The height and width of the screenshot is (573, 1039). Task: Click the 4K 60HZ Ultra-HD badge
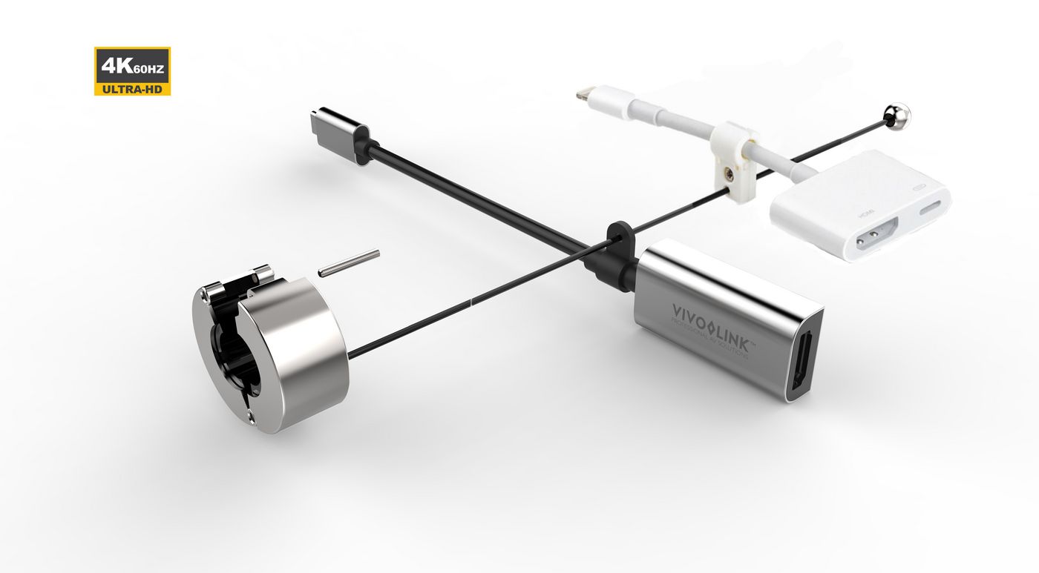[132, 71]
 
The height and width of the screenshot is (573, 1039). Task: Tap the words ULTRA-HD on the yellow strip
[132, 89]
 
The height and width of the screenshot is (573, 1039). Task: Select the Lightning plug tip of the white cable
[585, 94]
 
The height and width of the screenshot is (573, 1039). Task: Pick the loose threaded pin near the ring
[349, 263]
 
